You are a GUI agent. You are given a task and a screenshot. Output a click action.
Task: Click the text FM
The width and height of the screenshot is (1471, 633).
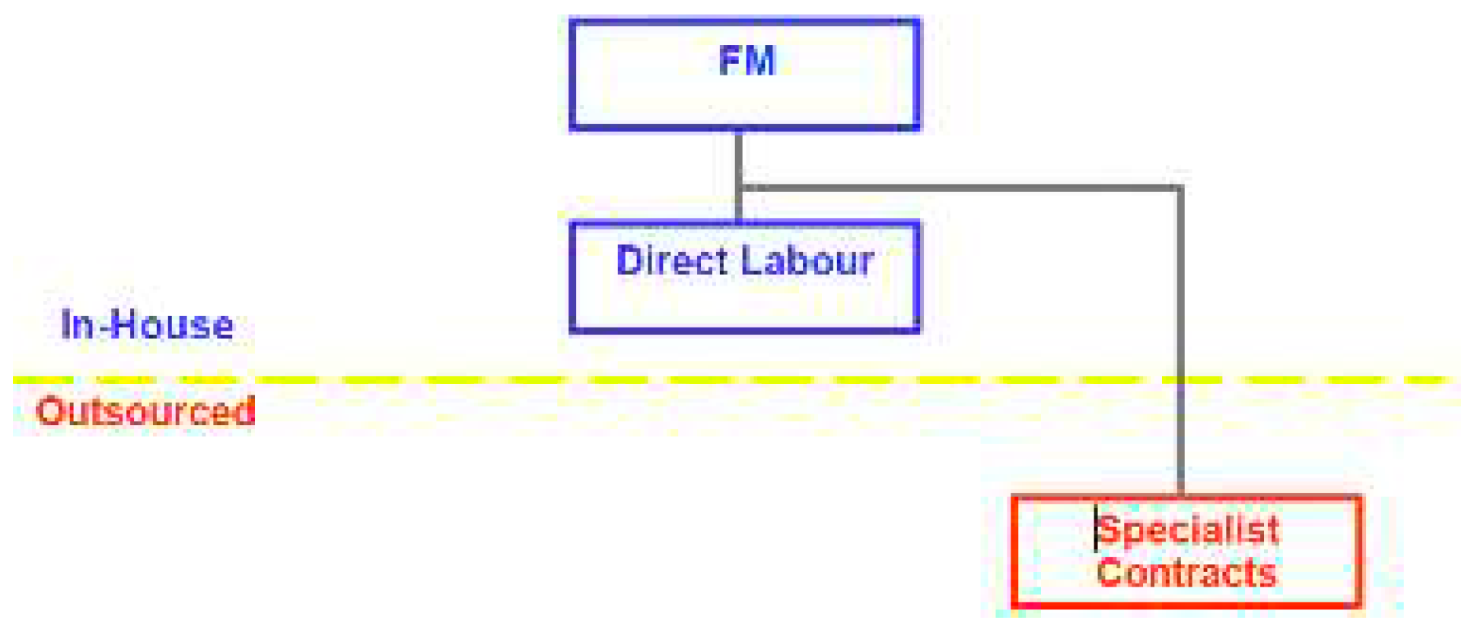pos(747,61)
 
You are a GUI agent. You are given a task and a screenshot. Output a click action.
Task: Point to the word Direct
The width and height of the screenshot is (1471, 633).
pos(663,261)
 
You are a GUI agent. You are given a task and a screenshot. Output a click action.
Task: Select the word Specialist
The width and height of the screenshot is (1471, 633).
pos(1189,529)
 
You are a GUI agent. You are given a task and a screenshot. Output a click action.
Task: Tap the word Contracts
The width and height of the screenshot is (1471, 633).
pos(1186,572)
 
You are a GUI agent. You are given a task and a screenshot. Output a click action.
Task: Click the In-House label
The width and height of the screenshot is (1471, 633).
pos(147,325)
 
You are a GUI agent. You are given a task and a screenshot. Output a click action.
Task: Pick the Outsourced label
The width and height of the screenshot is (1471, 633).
pos(145,411)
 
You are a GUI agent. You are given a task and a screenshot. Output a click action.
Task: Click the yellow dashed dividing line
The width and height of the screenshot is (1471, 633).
pos(533,379)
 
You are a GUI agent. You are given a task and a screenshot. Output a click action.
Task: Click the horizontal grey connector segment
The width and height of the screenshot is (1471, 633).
pos(959,187)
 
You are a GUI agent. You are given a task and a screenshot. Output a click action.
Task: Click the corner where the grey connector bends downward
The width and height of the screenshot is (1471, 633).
pos(1180,187)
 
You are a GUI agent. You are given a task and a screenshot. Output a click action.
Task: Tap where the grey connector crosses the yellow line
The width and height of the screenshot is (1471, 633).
pos(1180,379)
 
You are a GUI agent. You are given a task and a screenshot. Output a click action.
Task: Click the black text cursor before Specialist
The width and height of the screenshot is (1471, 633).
pos(1096,528)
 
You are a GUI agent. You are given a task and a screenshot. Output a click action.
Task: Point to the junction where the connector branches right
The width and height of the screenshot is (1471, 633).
pos(739,187)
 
